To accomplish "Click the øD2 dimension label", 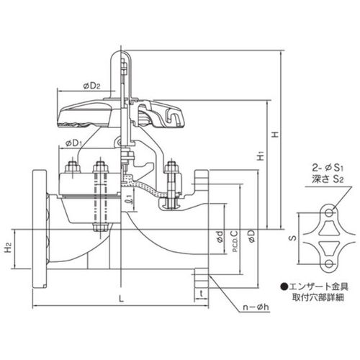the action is point(91,86).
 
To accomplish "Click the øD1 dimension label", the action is point(74,143).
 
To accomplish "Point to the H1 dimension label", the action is point(261,156).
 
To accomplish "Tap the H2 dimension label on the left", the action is point(9,248).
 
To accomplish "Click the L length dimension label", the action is point(122,299).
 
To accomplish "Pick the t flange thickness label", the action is point(202,293).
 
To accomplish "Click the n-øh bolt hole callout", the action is point(256,307).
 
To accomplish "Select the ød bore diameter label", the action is point(220,236).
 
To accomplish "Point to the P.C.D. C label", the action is point(235,241).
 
